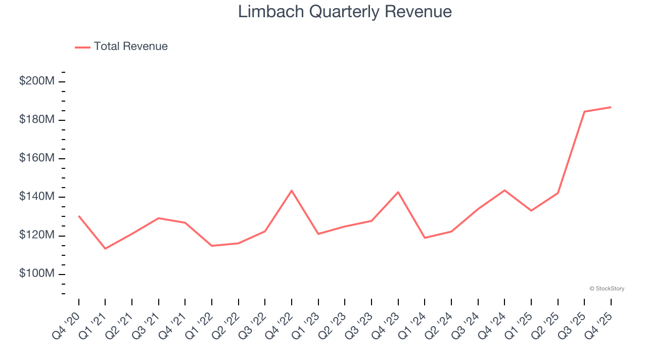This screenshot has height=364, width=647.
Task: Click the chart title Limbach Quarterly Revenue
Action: (x=345, y=12)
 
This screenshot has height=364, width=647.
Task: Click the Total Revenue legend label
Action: (x=130, y=47)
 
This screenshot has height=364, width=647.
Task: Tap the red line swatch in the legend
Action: (x=82, y=47)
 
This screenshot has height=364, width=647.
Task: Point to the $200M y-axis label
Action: (x=36, y=81)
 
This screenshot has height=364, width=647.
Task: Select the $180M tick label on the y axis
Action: (x=36, y=119)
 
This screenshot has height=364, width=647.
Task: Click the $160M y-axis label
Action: (x=36, y=158)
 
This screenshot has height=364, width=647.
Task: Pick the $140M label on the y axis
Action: (x=36, y=197)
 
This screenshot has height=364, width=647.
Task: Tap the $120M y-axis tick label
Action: (x=36, y=235)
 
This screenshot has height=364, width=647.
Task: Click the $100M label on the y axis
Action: (x=36, y=274)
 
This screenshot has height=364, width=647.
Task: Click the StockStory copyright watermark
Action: (x=607, y=289)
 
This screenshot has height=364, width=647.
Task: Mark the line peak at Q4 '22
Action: (x=292, y=191)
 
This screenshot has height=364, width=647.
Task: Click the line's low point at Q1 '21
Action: (x=105, y=249)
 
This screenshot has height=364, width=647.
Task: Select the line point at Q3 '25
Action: (x=584, y=111)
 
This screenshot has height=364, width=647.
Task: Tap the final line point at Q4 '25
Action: (x=611, y=107)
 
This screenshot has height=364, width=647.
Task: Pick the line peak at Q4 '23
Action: (x=398, y=192)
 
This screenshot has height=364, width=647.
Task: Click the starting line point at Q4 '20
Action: (x=79, y=216)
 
